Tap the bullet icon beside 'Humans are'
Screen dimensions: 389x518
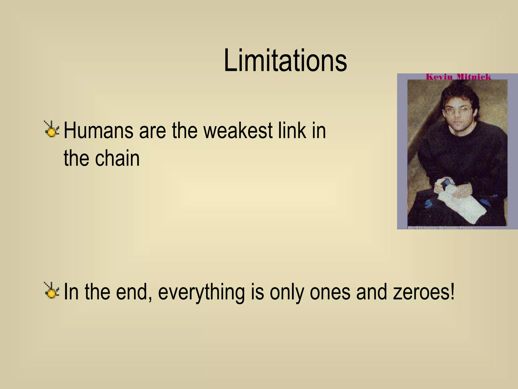tap(52, 130)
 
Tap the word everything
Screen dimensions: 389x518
tap(201, 292)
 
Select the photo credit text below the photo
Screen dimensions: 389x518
tap(440, 228)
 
